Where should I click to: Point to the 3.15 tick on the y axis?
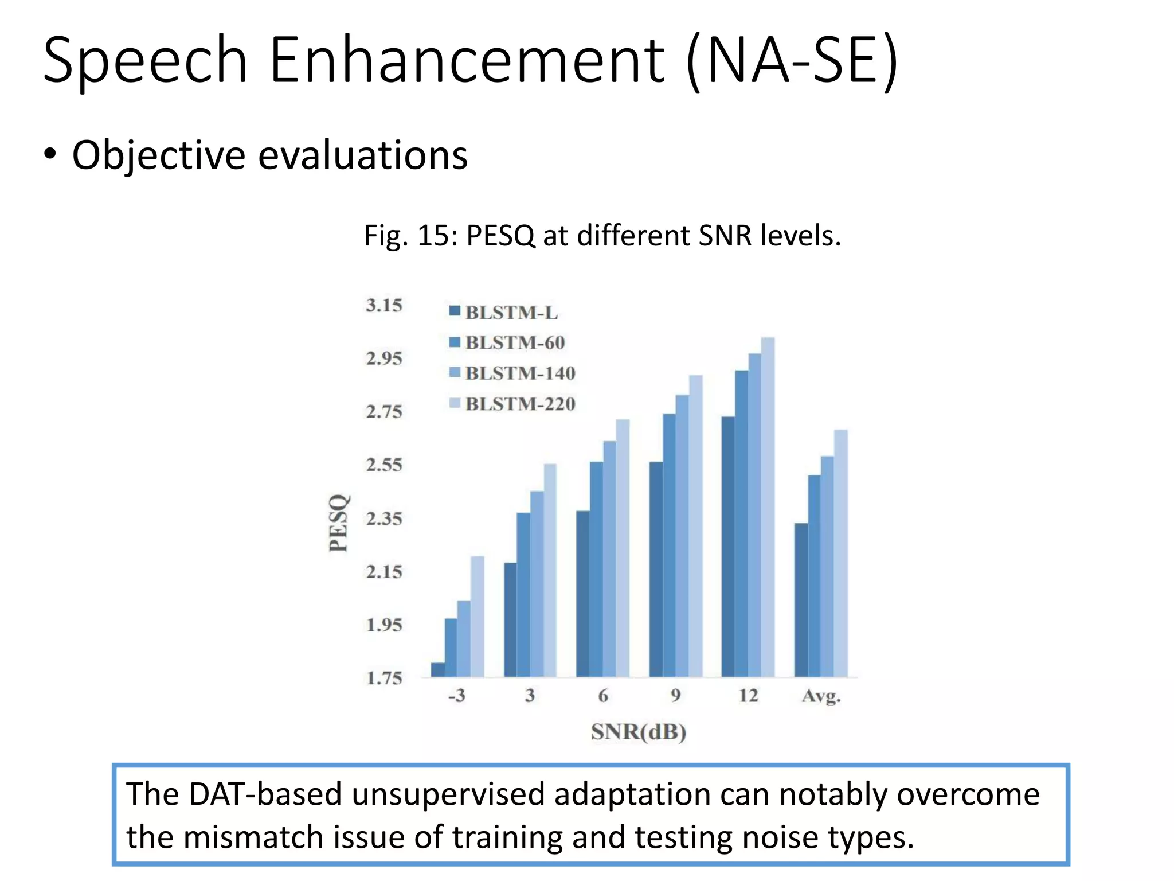pos(384,305)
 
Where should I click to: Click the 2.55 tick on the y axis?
pos(384,465)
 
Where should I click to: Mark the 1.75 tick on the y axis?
pos(384,678)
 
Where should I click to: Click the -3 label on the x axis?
pos(456,696)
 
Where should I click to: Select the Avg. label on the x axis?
pos(821,696)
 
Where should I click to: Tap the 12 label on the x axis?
pos(748,696)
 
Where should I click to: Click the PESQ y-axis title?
pos(339,523)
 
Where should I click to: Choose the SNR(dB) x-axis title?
pos(639,732)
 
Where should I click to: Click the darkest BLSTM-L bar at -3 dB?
pos(437,670)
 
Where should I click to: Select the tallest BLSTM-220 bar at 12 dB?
pos(768,507)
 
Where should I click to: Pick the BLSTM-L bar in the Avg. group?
pos(801,600)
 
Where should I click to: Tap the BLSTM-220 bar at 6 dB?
pos(623,548)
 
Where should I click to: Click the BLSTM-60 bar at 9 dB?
pos(669,545)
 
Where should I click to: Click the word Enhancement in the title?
pos(467,60)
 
